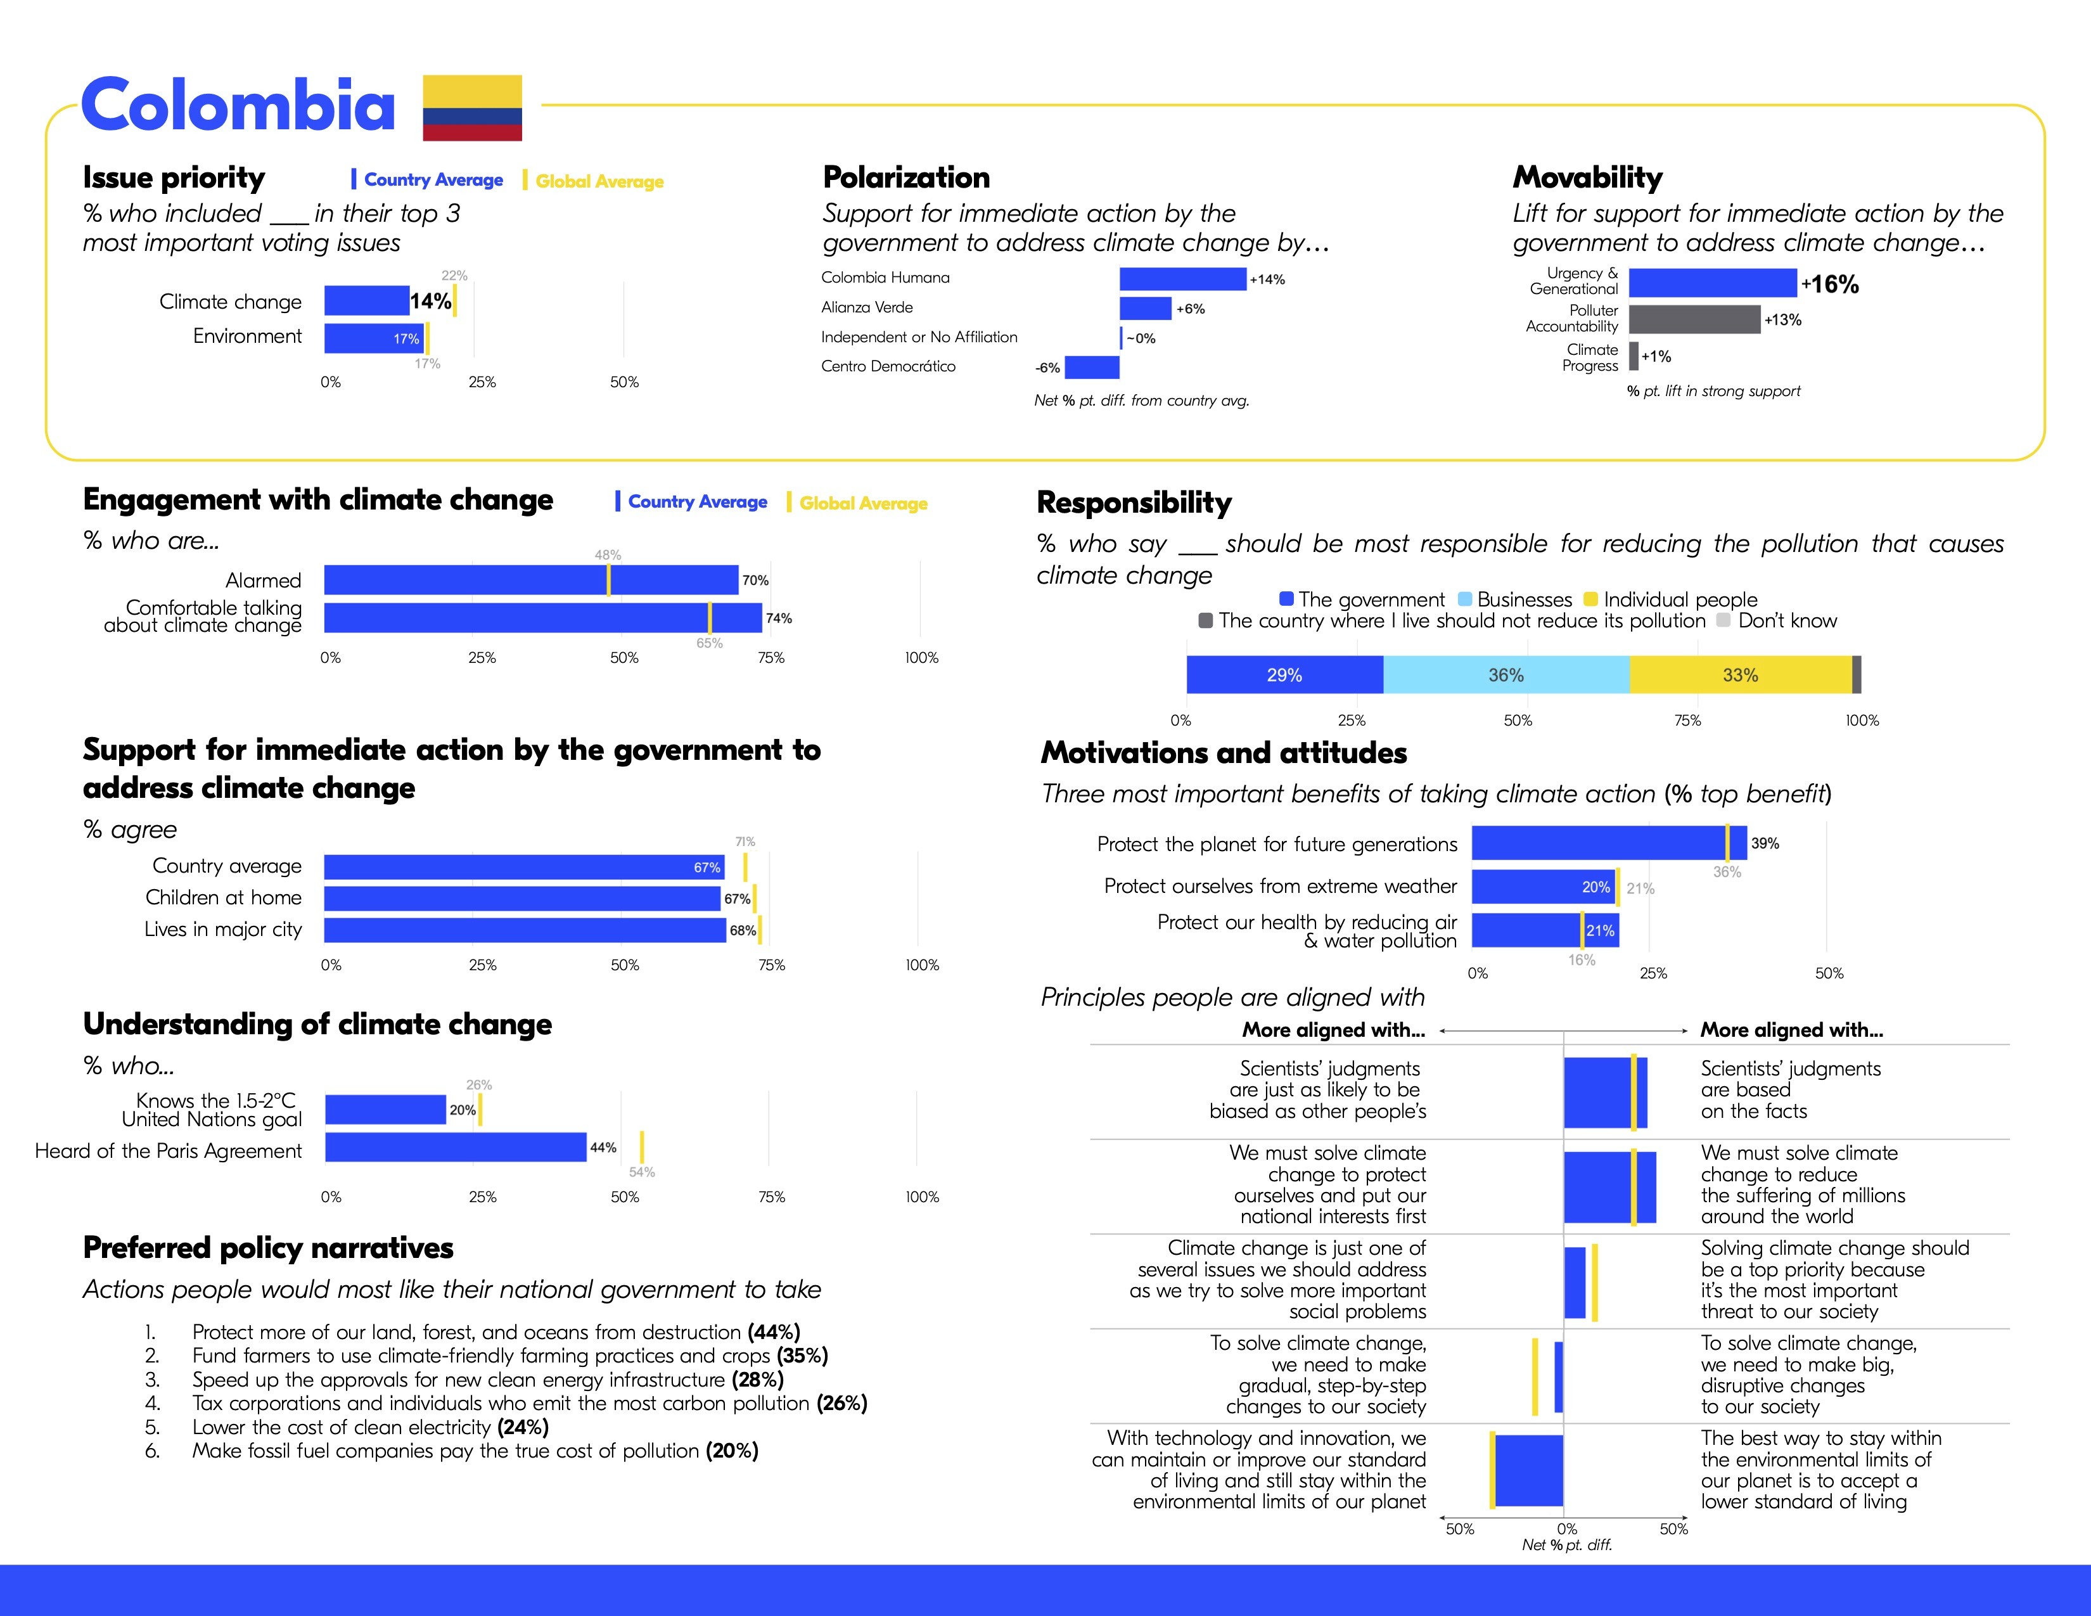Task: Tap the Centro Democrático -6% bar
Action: click(1092, 368)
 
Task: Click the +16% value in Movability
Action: click(1831, 285)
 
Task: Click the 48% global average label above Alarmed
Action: click(608, 555)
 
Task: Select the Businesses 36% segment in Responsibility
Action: click(1506, 675)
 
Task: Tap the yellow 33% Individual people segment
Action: click(1739, 675)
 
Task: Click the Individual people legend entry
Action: click(1671, 600)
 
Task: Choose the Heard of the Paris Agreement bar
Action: click(456, 1147)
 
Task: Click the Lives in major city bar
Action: click(525, 930)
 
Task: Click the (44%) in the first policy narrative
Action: click(774, 1331)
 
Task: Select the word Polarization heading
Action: click(905, 178)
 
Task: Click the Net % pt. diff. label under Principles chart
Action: click(1567, 1545)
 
